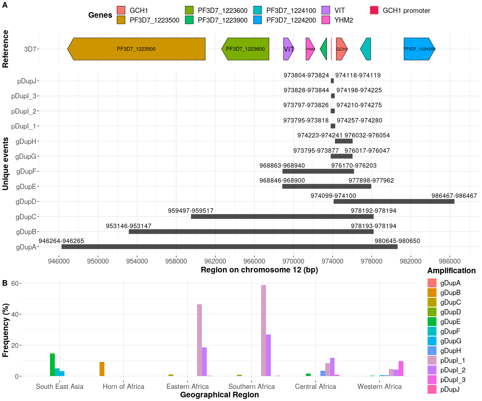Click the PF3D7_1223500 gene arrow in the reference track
[136, 49]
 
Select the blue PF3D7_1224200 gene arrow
[419, 49]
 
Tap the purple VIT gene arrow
[288, 49]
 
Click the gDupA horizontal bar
[229, 247]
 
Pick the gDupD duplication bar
[394, 202]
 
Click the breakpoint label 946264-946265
[61, 241]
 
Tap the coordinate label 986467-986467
[454, 195]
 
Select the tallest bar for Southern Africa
[264, 330]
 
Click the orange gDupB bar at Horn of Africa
[102, 369]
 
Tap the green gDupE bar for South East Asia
[52, 365]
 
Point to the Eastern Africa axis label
[188, 386]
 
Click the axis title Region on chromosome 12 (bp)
[259, 270]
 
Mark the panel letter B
[5, 283]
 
